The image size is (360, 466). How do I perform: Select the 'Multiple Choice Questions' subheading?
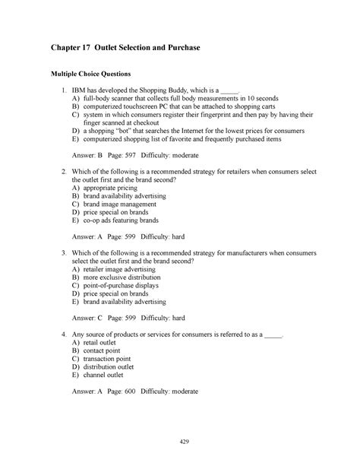(90, 74)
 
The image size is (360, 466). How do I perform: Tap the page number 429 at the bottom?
(180, 442)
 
